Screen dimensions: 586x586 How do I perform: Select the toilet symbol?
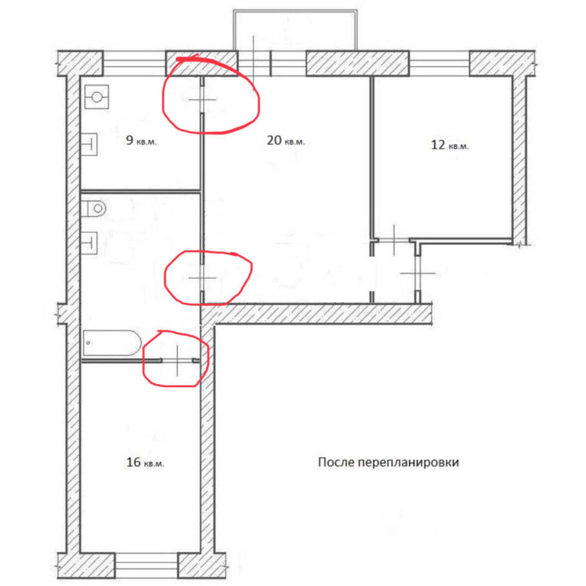click(95, 208)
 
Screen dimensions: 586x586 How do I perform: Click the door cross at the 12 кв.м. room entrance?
click(395, 240)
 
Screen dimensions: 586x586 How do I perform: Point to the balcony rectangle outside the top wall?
click(296, 30)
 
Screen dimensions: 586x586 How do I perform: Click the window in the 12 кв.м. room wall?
click(439, 64)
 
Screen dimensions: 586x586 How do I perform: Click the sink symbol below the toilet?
click(90, 241)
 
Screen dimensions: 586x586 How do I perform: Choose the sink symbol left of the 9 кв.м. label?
click(90, 142)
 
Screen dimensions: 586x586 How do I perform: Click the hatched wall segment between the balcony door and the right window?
click(357, 64)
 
